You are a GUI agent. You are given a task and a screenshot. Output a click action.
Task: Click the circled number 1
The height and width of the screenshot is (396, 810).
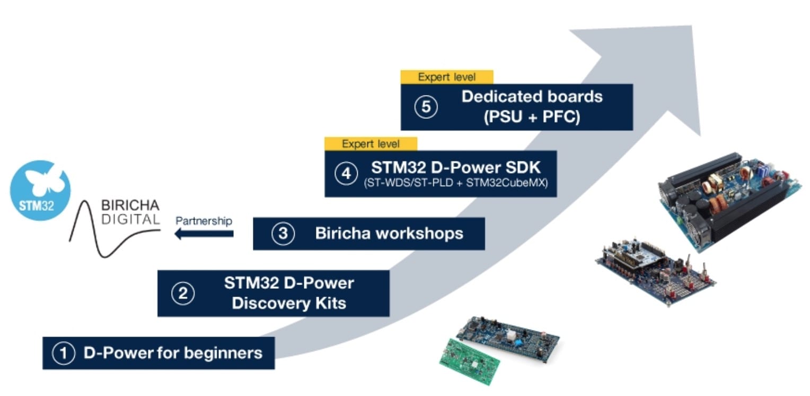tap(64, 354)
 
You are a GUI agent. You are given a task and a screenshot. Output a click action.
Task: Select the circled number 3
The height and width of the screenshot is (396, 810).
tap(283, 234)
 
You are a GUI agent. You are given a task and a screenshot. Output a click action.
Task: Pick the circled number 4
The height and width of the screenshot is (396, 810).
tap(346, 174)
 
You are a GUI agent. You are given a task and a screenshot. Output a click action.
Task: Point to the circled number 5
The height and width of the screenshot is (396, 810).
tap(426, 107)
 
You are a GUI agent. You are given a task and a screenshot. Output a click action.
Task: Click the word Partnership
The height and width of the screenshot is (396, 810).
tap(204, 221)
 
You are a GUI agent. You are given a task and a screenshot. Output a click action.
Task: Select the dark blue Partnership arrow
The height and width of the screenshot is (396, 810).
tap(204, 234)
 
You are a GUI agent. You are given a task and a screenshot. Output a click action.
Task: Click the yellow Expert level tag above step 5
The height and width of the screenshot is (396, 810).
tap(447, 77)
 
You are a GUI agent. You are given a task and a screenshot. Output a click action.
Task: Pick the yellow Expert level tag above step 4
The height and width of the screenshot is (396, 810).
tap(371, 144)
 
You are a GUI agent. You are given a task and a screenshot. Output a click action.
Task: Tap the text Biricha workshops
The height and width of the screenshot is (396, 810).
tap(389, 234)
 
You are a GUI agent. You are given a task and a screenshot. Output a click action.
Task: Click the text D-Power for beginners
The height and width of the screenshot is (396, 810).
tap(173, 353)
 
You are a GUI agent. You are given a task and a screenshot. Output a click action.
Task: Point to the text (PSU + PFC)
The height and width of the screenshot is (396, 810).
tap(532, 117)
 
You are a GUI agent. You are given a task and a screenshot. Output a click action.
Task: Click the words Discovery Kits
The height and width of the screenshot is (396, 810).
tap(289, 303)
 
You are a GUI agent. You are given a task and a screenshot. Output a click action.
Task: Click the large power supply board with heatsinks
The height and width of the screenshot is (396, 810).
tap(729, 199)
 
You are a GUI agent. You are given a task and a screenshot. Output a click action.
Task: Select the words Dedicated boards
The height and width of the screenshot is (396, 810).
tap(532, 97)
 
